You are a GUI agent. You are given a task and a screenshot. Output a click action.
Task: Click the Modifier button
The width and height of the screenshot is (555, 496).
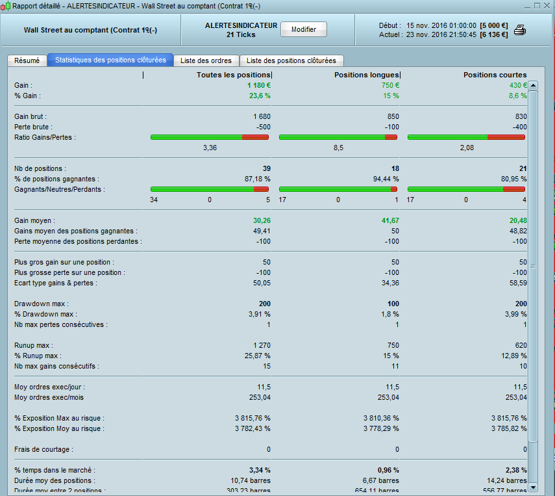pos(304,29)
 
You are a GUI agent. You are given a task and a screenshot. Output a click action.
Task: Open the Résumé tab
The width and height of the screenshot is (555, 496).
pos(27,60)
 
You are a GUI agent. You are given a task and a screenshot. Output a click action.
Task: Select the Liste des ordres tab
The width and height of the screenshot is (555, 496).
pos(206,60)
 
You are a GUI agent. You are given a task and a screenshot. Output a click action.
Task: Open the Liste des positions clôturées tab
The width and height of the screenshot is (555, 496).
pos(291,60)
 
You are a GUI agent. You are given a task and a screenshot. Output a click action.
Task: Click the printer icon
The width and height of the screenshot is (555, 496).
pos(520,30)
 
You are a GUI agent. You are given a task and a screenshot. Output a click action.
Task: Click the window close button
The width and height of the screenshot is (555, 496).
pos(547,6)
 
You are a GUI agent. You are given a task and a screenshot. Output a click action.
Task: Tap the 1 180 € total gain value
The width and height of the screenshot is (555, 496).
pos(258,85)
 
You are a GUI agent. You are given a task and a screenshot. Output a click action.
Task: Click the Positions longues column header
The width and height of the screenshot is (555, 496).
pos(367,75)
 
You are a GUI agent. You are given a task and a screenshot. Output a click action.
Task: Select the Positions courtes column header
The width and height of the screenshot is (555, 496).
pos(495,75)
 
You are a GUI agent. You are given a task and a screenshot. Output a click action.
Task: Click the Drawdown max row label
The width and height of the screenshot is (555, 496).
pos(42,304)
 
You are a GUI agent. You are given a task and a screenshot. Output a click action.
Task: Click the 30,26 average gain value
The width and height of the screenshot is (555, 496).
pos(261,220)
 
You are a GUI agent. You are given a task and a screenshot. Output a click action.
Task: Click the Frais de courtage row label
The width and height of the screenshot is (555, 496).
pos(43,449)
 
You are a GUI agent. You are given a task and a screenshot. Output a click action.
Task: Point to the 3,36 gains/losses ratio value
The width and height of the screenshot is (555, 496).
pos(210,148)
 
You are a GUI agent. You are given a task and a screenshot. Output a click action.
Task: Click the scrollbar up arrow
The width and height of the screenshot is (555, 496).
pos(533,85)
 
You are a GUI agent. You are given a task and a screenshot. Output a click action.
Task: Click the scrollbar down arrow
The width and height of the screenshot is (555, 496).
pos(533,487)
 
